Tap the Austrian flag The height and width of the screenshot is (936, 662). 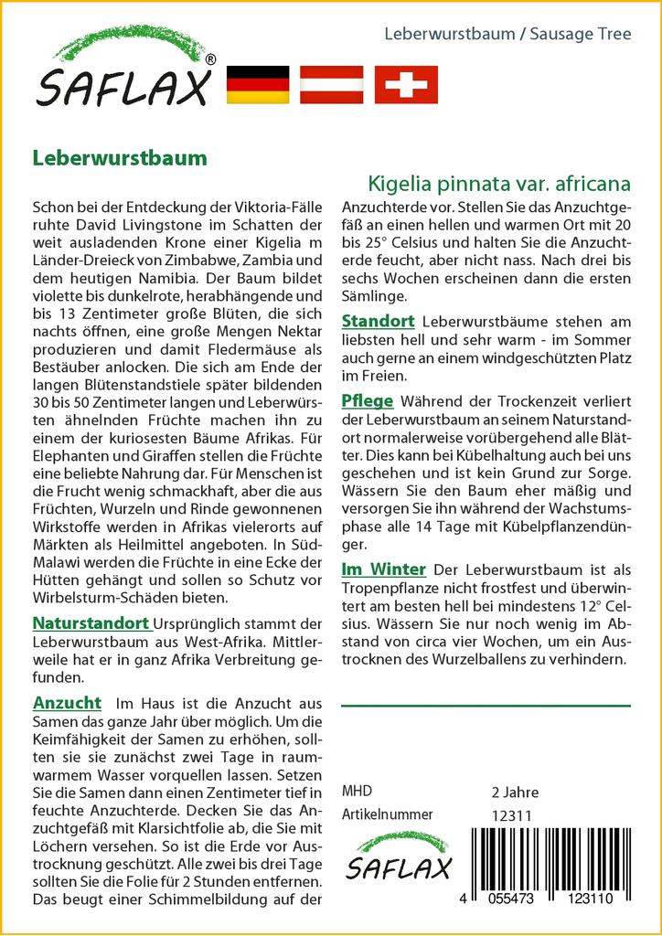(x=331, y=85)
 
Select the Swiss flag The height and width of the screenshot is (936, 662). (x=406, y=85)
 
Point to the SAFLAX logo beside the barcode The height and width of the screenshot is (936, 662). (x=397, y=857)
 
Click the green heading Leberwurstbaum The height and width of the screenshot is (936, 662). (x=120, y=157)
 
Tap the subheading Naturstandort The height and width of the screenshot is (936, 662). (x=91, y=623)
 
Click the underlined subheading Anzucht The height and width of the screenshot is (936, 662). (x=67, y=703)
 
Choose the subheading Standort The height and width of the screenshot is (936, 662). (x=378, y=321)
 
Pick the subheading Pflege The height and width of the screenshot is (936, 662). (x=368, y=400)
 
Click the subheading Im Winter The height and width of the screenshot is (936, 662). (x=384, y=569)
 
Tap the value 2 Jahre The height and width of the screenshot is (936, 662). (x=515, y=792)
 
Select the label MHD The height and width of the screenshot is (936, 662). (x=357, y=792)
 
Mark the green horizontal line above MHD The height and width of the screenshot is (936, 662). (x=486, y=706)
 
